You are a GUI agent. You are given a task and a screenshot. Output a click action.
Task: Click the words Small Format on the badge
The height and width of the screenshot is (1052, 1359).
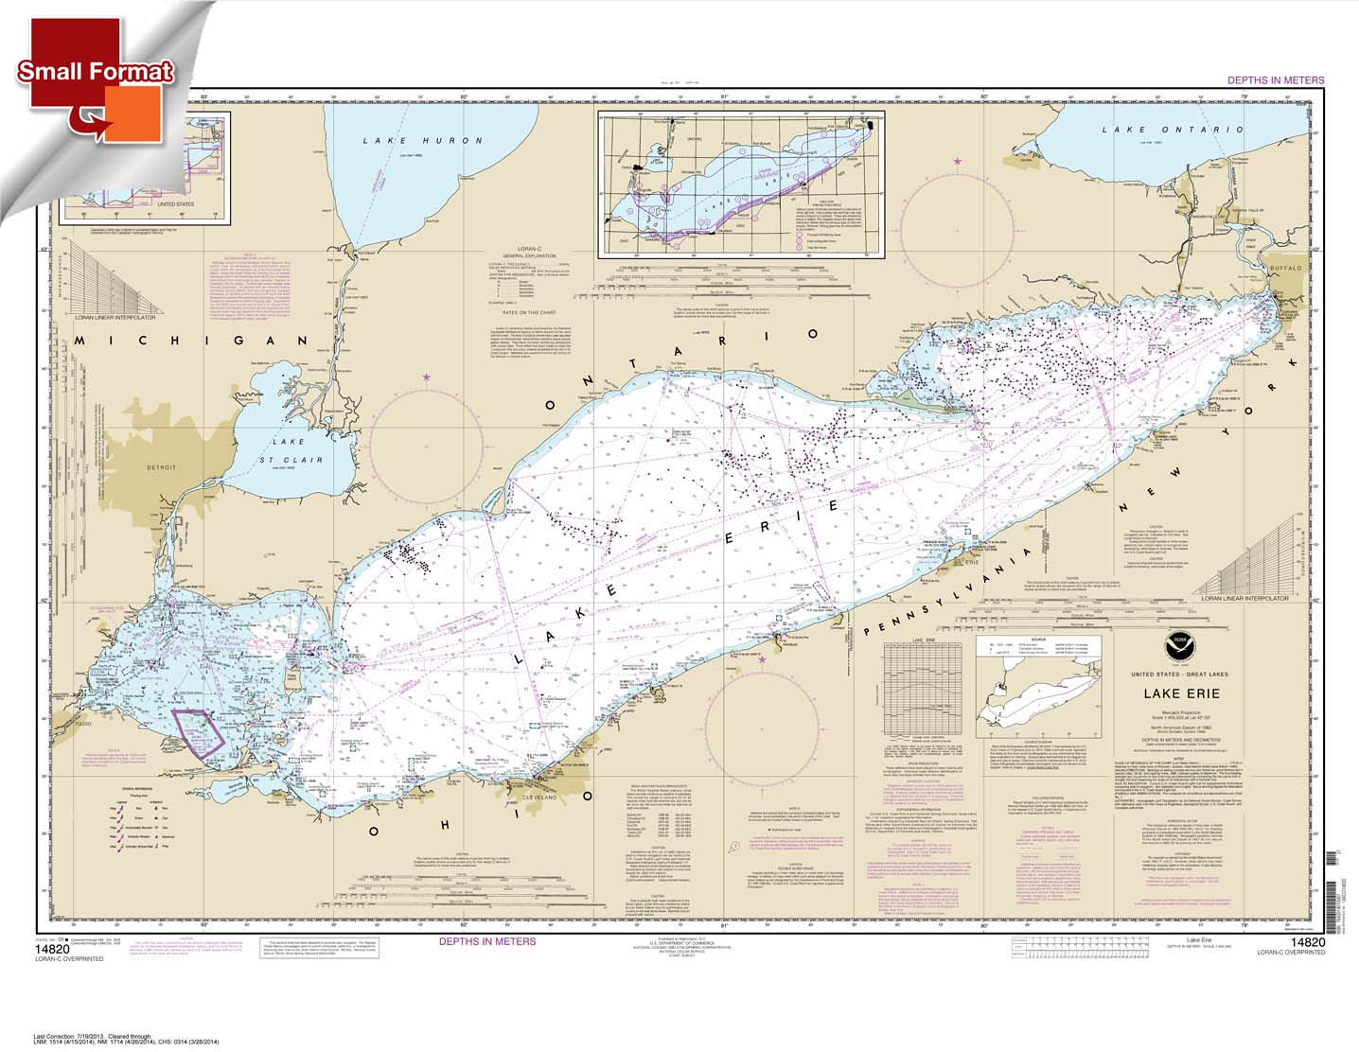(x=94, y=71)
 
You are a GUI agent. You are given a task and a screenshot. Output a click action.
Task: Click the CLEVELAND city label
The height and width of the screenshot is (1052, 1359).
(x=533, y=795)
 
